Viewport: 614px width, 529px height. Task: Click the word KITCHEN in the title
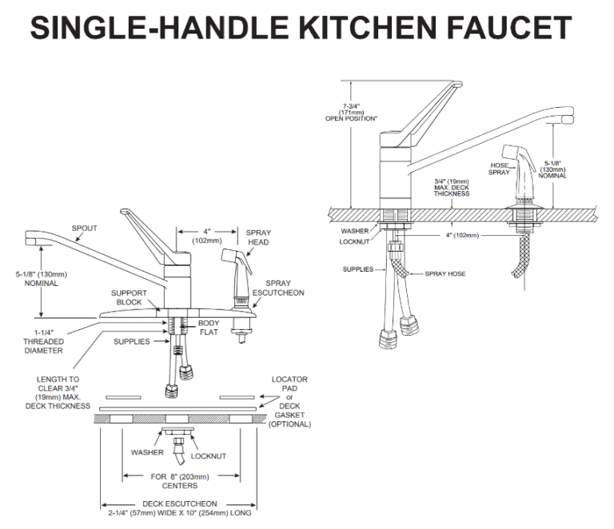(x=373, y=30)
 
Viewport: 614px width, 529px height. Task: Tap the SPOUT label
(x=84, y=228)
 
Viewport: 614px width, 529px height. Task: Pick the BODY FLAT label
(x=209, y=327)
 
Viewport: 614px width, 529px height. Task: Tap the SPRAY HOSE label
(x=444, y=272)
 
